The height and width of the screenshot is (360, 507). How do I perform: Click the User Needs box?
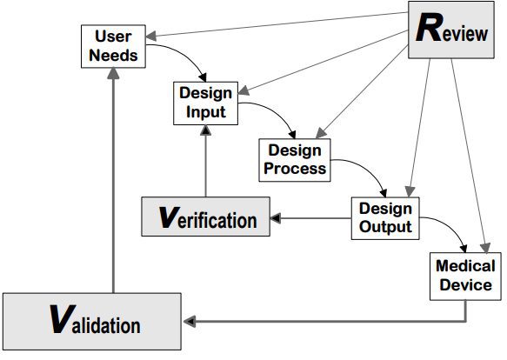pyautogui.click(x=113, y=46)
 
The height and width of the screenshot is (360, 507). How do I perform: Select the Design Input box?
pyautogui.click(x=205, y=103)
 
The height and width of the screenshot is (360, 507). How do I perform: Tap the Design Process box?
pyautogui.click(x=295, y=160)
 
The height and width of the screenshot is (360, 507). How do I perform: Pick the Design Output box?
pyautogui.click(x=385, y=218)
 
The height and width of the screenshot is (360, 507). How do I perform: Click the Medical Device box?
pyautogui.click(x=465, y=277)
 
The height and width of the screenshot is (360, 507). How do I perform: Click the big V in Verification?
pyautogui.click(x=169, y=217)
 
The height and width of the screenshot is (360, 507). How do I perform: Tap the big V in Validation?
pyautogui.click(x=63, y=319)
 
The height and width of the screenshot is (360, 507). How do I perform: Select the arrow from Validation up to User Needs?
pyautogui.click(x=113, y=181)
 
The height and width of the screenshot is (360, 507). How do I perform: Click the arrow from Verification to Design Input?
pyautogui.click(x=205, y=161)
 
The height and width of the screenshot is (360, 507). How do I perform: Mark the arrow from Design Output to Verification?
pyautogui.click(x=310, y=218)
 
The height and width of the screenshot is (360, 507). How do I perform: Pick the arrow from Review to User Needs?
pyautogui.click(x=277, y=24)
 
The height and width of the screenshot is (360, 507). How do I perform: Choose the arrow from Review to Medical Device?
pyautogui.click(x=470, y=156)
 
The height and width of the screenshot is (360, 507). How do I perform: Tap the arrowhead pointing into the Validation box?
pyautogui.click(x=189, y=321)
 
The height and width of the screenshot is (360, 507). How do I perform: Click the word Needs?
pyautogui.click(x=113, y=56)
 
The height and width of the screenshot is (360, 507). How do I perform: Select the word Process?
pyautogui.click(x=295, y=169)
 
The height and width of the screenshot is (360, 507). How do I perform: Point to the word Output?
pyautogui.click(x=385, y=227)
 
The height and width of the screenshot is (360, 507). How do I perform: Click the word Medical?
pyautogui.click(x=465, y=266)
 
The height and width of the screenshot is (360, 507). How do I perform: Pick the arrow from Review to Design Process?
pyautogui.click(x=362, y=92)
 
